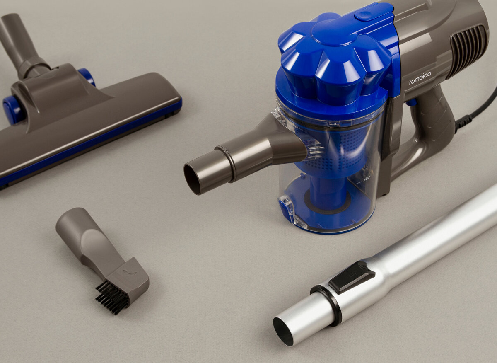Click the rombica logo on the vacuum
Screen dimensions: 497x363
pos(420,78)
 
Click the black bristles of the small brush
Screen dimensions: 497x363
pos(112,297)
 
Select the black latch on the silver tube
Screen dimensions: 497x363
pos(352,277)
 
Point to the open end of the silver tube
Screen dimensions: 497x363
pos(283,332)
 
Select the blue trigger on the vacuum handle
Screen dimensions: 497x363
pos(412,103)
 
